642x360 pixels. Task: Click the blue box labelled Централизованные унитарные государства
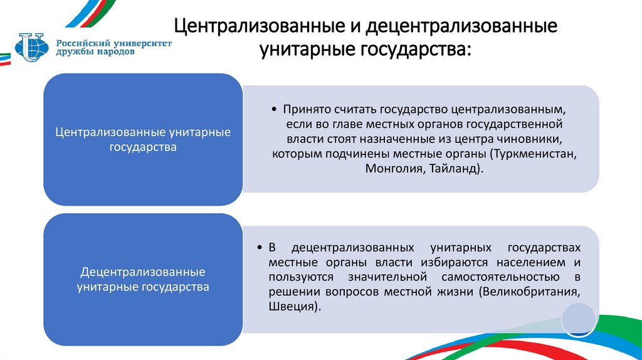[143, 139]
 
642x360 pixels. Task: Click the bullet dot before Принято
[275, 109]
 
